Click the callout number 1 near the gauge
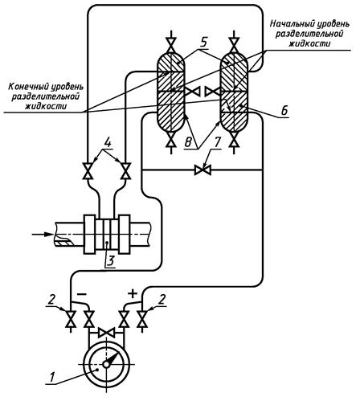coord(52,378)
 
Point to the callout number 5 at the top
coord(204,43)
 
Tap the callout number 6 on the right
coord(284,110)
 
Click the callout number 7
coord(216,142)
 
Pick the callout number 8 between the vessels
coord(188,142)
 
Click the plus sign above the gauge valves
coord(133,294)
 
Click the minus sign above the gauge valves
coord(82,294)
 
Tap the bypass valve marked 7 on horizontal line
coord(202,170)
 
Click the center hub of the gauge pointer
coord(106,364)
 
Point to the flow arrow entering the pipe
coord(43,234)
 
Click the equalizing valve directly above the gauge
coord(107,333)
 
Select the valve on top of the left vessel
coord(170,45)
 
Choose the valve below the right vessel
coord(235,140)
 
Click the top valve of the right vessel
coord(235,45)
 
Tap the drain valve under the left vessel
coord(170,140)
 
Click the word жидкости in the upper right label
coord(309,43)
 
